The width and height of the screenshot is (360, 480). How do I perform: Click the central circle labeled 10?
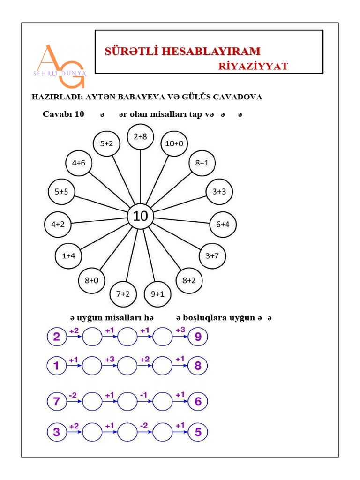point(141,216)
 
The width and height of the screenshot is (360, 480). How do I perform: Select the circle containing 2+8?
point(140,137)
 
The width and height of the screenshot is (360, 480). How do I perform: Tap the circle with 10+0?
point(174,144)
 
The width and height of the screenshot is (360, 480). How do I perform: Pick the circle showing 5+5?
point(61,191)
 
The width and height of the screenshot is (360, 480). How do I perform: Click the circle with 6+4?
point(223,224)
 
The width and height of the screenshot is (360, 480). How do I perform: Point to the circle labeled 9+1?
point(157,294)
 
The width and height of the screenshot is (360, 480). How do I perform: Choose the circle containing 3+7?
point(212,256)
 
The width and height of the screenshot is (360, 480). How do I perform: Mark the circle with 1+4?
point(68,256)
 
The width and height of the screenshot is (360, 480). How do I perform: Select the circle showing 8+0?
point(91,280)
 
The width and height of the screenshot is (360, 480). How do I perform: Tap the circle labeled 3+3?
point(219,191)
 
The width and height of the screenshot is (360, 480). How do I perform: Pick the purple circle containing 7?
point(57,401)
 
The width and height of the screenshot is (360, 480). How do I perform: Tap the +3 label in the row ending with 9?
point(180,330)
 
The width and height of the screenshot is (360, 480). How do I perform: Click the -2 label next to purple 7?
point(73,395)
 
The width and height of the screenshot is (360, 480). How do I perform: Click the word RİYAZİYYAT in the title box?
point(253,66)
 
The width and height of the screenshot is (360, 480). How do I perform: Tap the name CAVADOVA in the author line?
point(238,97)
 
